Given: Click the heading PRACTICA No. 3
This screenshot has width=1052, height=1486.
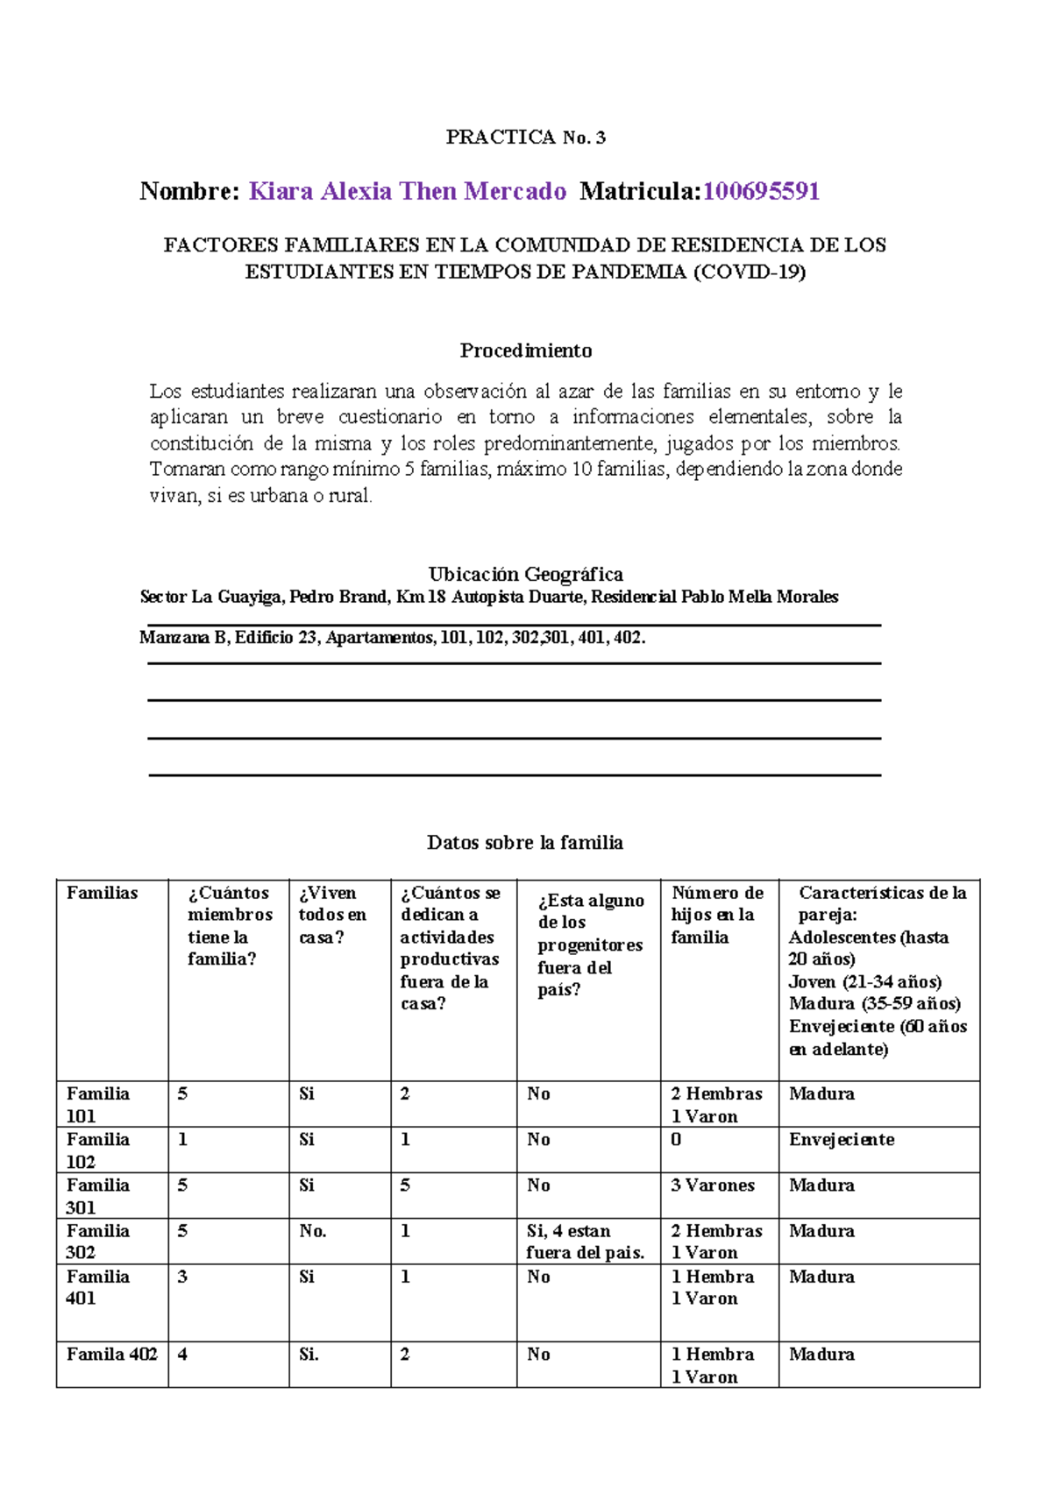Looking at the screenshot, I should (x=525, y=137).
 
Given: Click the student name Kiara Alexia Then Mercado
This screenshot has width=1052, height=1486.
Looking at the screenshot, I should (x=408, y=191).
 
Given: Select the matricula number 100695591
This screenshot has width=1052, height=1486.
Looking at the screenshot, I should (x=761, y=191).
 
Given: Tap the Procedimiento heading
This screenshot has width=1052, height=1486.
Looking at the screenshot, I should (x=526, y=350).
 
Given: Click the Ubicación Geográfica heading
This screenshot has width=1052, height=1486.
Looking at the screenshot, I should (x=525, y=574).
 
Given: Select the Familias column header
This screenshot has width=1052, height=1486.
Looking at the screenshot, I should (x=103, y=893).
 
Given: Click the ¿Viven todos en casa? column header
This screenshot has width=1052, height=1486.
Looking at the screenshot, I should (x=332, y=915).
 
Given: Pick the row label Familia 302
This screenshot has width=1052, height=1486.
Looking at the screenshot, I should (x=97, y=1241).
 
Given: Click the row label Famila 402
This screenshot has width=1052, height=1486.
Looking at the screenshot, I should (x=111, y=1354).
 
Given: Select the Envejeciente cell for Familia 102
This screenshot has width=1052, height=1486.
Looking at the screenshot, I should (x=841, y=1139).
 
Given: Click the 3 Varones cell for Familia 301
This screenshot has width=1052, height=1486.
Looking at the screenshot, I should (x=712, y=1185).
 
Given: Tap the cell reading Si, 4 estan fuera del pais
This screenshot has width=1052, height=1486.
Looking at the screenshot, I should (x=585, y=1241).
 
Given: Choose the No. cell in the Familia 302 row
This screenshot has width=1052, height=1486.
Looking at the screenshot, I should (x=313, y=1230).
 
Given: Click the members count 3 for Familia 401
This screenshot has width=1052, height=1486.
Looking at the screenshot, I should (x=182, y=1276).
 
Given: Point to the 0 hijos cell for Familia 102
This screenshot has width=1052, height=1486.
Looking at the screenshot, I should (x=676, y=1139).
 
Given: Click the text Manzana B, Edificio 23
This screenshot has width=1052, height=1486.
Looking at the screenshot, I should (x=229, y=637).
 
